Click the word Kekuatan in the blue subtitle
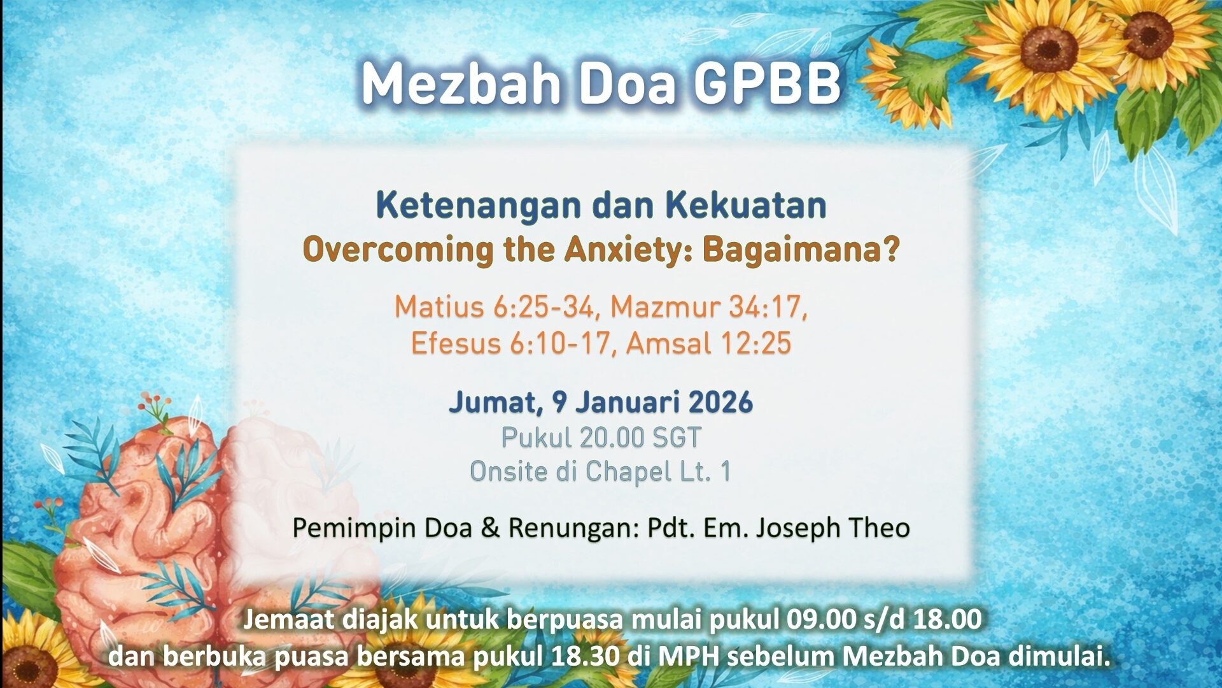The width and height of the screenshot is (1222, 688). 746,205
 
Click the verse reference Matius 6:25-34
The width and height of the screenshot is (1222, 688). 494,307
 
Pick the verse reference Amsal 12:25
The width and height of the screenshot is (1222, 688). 708,343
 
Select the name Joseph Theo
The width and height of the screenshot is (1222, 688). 833,528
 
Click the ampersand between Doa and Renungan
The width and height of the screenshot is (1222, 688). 490,528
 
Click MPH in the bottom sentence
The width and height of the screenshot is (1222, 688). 688,657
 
